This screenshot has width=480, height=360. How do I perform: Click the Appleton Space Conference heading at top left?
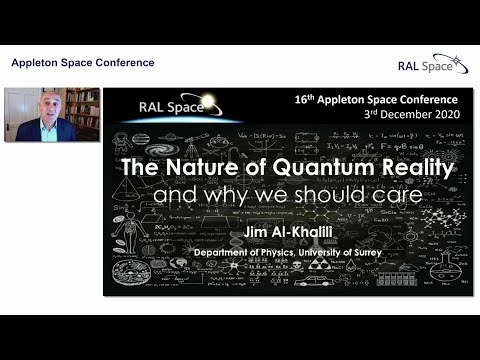click(82, 63)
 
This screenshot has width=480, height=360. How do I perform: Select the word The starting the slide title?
click(139, 167)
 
